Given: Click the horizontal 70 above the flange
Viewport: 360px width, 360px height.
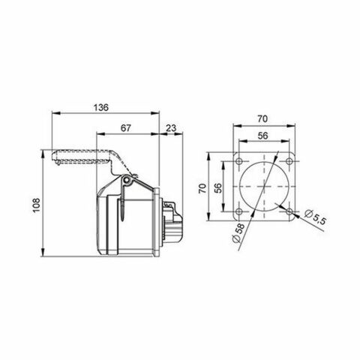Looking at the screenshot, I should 262,118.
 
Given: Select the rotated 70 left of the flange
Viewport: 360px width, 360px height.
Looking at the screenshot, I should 202,190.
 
